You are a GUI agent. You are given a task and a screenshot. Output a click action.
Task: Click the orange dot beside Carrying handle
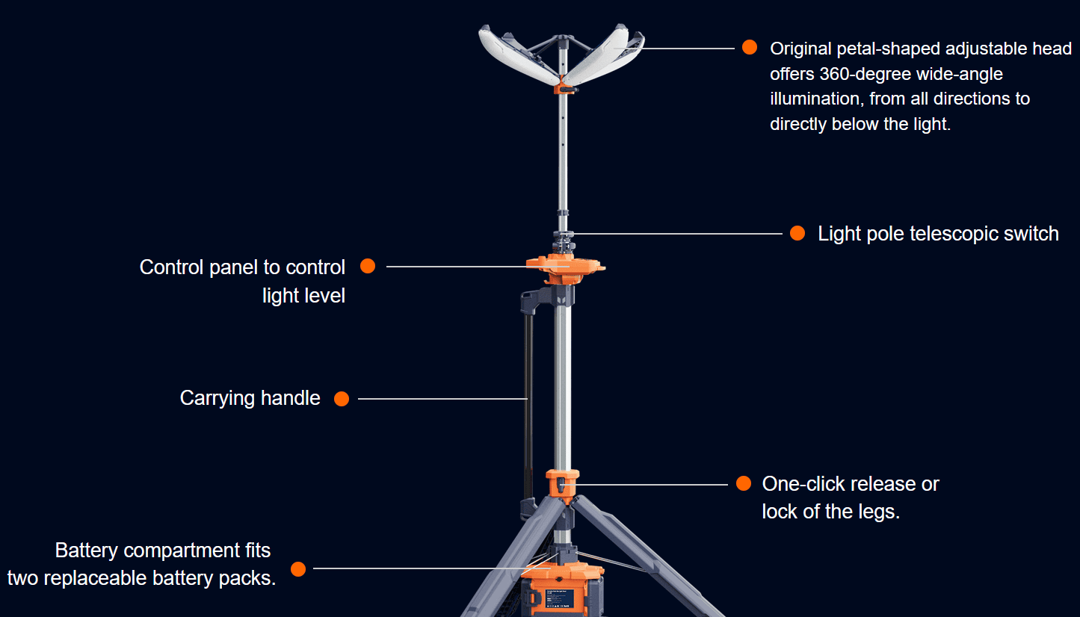click(x=342, y=399)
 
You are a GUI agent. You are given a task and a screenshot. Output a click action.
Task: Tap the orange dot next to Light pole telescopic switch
click(x=797, y=233)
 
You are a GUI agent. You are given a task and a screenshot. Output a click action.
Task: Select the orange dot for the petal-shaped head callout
click(x=749, y=47)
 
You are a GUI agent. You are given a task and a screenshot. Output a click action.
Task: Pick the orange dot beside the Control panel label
click(x=368, y=266)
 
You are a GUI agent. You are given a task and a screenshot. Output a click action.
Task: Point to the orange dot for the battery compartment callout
click(x=298, y=568)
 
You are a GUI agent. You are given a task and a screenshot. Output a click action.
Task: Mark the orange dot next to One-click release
click(x=744, y=483)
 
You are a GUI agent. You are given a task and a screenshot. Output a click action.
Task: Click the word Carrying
click(x=217, y=399)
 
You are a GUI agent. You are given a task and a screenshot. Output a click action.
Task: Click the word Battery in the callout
click(x=86, y=550)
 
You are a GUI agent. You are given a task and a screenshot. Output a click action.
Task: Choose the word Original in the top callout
click(x=800, y=49)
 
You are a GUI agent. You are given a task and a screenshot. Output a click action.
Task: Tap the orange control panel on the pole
click(x=565, y=267)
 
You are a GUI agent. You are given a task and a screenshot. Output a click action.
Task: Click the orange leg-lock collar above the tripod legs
click(x=562, y=486)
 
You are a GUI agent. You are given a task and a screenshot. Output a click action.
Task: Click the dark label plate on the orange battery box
click(x=559, y=598)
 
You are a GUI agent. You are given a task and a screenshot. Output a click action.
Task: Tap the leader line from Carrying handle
click(x=442, y=399)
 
